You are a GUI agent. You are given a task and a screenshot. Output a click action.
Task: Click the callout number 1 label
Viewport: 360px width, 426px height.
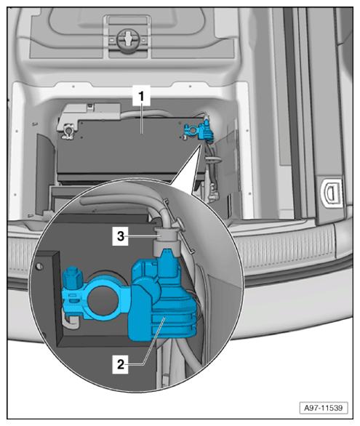tap(141, 96)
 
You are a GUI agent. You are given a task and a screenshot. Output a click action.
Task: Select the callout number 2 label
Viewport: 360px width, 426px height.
tap(121, 364)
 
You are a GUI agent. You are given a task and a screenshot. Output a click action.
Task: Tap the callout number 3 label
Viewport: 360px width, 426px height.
tap(121, 236)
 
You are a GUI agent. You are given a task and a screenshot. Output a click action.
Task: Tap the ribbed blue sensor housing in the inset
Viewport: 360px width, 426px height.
tap(163, 318)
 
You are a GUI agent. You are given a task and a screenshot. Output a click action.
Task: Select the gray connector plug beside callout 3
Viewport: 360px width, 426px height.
tap(167, 242)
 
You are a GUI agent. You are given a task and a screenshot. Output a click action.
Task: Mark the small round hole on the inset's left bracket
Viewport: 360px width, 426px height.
tap(40, 266)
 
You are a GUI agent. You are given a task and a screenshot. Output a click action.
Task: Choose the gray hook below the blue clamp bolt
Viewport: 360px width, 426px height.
tap(70, 321)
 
